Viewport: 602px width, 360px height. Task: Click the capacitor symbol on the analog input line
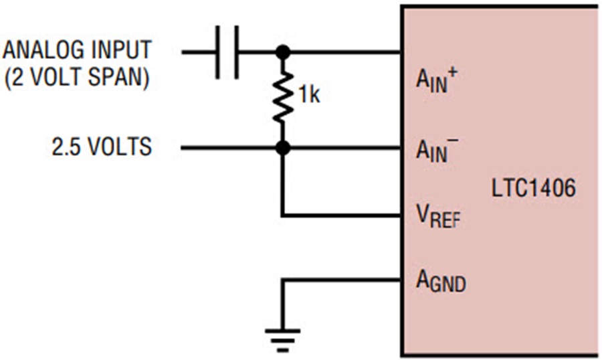227,52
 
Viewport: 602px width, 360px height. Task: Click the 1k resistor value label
309,94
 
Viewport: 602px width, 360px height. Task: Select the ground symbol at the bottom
282,341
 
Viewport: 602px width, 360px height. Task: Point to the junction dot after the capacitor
283,52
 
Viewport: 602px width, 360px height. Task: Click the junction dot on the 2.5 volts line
283,147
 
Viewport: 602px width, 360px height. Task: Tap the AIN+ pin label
437,80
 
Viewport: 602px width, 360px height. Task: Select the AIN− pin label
437,151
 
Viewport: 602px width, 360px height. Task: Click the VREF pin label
438,216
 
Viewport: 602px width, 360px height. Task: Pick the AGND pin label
441,281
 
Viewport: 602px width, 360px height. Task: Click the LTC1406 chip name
534,188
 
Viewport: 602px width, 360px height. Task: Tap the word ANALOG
43,50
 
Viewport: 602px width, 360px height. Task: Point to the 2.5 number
66,147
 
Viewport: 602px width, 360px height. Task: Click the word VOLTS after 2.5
120,147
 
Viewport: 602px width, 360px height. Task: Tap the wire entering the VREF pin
341,215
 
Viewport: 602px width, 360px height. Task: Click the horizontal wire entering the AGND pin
341,280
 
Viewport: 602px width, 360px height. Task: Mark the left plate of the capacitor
217,52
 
